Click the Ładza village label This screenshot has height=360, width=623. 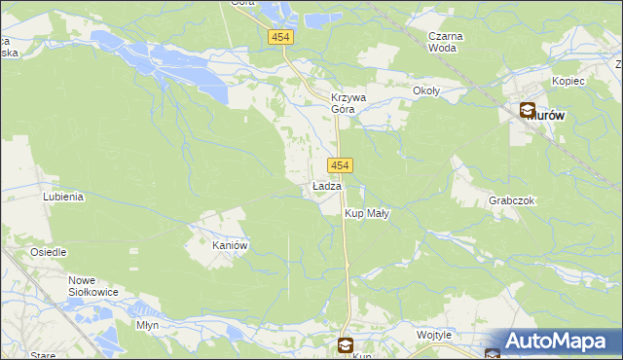tap(326, 186)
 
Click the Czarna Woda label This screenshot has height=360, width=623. tap(446, 42)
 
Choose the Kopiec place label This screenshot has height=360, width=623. tap(568, 81)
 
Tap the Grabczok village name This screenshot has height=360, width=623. tap(512, 200)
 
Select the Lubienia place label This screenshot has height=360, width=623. tap(63, 196)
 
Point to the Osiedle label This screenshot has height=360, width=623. tap(48, 252)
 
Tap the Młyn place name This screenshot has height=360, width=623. tap(148, 325)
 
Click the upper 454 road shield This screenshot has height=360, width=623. tap(281, 36)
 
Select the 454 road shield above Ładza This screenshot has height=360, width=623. tap(340, 165)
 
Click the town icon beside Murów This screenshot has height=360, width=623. tap(527, 112)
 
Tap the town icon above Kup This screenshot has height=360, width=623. tap(346, 344)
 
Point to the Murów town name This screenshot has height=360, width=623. tap(551, 114)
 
